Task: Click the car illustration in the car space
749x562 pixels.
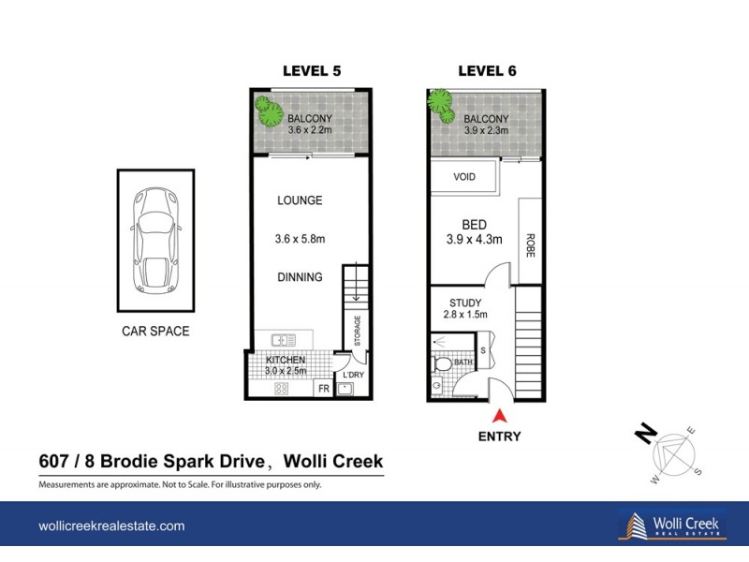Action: pos(155,239)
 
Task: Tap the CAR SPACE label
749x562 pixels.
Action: pos(155,331)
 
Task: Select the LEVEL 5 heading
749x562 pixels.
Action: pos(312,71)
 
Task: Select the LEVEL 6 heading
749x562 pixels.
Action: pos(487,71)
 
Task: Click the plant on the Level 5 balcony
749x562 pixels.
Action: pos(271,112)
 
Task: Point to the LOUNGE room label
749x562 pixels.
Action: pos(300,200)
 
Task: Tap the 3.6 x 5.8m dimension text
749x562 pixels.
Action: pos(300,239)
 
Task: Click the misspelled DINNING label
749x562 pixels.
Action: pos(300,277)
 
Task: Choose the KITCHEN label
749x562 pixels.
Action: pos(287,361)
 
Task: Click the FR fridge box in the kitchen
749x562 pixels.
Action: pos(322,389)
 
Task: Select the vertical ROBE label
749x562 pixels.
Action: pos(530,245)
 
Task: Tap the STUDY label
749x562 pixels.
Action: pos(464,302)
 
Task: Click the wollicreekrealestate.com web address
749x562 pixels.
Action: pos(111,526)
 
